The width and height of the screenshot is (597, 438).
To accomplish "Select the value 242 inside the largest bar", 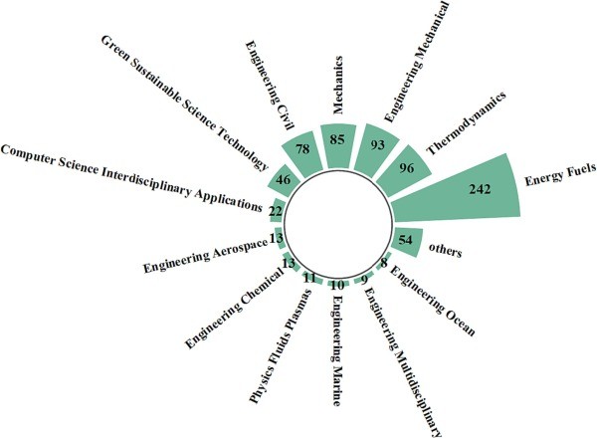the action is [480, 189].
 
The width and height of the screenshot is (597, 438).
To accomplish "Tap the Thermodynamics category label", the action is [466, 123].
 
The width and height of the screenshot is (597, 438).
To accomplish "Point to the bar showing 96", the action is [404, 170].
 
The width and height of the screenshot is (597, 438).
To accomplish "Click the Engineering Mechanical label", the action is [417, 62].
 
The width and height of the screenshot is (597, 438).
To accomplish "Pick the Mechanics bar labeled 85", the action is [337, 146].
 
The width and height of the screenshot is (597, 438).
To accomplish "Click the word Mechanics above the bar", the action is [337, 85].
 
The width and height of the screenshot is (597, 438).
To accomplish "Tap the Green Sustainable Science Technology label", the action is [185, 103].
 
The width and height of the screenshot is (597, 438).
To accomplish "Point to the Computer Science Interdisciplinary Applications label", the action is [131, 177].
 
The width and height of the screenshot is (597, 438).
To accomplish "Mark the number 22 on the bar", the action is [276, 211].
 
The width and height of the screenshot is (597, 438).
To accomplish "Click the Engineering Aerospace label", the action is [205, 256].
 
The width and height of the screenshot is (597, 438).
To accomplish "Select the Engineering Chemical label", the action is [234, 309].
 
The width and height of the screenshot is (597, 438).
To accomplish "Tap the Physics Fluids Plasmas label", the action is [281, 346].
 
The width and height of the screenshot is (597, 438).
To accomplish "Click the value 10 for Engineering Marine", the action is [337, 285].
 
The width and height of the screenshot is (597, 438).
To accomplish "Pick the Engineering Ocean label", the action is [433, 302].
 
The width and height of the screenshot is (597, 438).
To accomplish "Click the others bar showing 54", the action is [407, 241].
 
